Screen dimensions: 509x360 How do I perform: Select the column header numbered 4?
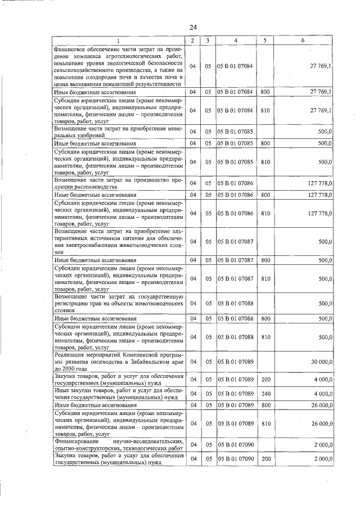(x=236, y=40)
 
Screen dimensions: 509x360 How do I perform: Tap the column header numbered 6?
(x=303, y=40)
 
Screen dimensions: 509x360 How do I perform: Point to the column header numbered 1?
(x=118, y=40)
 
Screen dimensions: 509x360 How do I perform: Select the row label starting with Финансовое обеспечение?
(x=118, y=66)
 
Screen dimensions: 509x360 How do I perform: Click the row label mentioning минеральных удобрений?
(x=118, y=132)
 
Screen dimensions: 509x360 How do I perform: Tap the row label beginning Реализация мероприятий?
(x=118, y=361)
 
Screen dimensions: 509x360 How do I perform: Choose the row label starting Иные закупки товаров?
(x=118, y=393)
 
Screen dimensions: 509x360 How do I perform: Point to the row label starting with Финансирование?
(x=118, y=444)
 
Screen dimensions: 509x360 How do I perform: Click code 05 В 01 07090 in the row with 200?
(x=236, y=460)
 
